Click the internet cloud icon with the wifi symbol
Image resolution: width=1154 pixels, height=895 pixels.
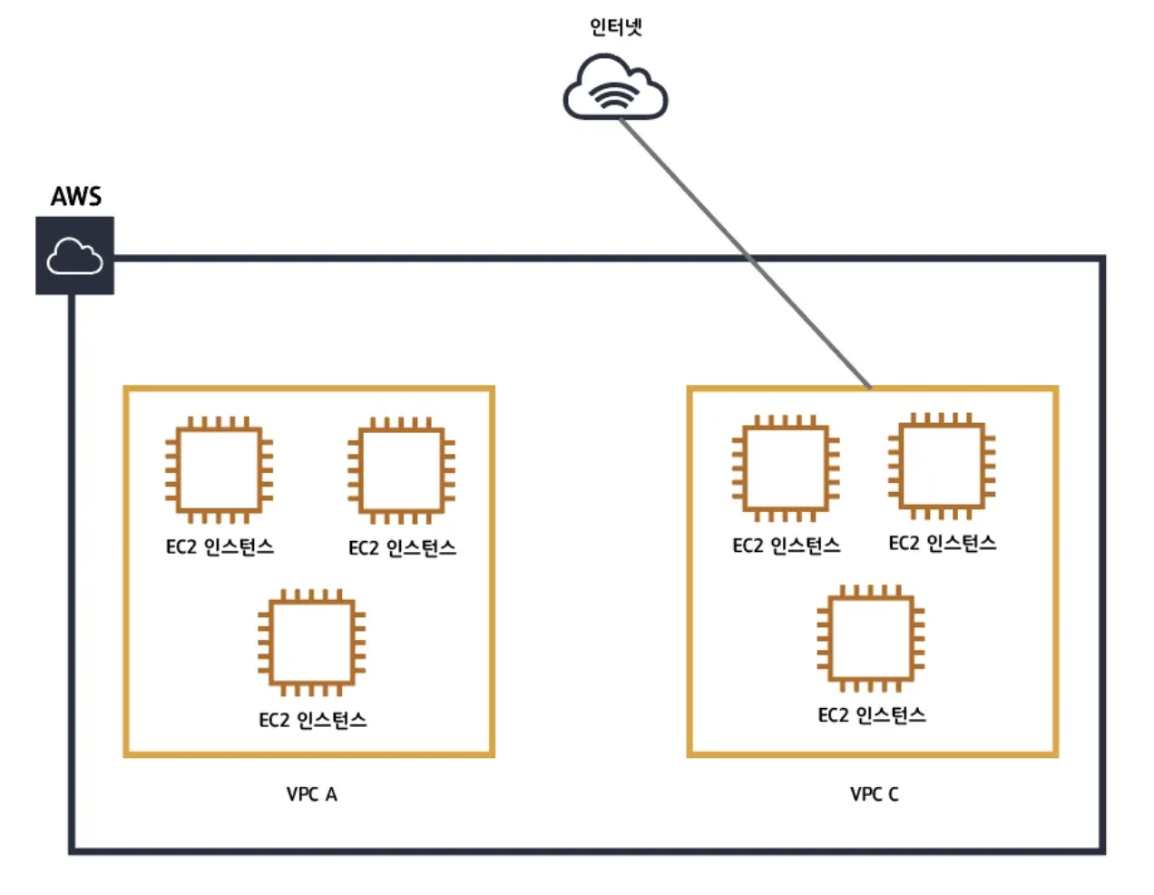click(x=615, y=88)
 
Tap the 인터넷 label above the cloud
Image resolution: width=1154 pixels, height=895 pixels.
click(x=615, y=27)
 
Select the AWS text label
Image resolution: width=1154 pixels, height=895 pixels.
click(x=76, y=196)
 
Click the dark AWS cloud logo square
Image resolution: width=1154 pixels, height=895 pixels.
click(x=74, y=256)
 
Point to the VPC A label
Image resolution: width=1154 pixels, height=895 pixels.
click(x=311, y=794)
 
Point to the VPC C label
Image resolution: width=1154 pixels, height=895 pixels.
click(x=874, y=794)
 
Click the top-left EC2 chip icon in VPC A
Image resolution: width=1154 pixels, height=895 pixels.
click(x=219, y=469)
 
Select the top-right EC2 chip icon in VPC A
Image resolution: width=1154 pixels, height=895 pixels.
click(x=401, y=469)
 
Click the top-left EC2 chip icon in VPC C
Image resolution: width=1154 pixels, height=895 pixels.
click(x=786, y=467)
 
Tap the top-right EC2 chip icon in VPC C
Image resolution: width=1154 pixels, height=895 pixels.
click(x=942, y=465)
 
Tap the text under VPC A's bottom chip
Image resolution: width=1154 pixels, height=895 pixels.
click(x=312, y=720)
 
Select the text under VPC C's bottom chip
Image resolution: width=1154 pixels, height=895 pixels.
click(x=872, y=715)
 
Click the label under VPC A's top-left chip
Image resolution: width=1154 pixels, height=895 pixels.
click(x=220, y=546)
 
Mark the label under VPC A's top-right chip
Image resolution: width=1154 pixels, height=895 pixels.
click(x=402, y=547)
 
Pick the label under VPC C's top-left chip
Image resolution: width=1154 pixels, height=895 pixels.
click(x=786, y=546)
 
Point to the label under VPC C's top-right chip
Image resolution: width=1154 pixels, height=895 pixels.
click(x=942, y=543)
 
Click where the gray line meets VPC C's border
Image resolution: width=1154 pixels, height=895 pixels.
click(x=869, y=388)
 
